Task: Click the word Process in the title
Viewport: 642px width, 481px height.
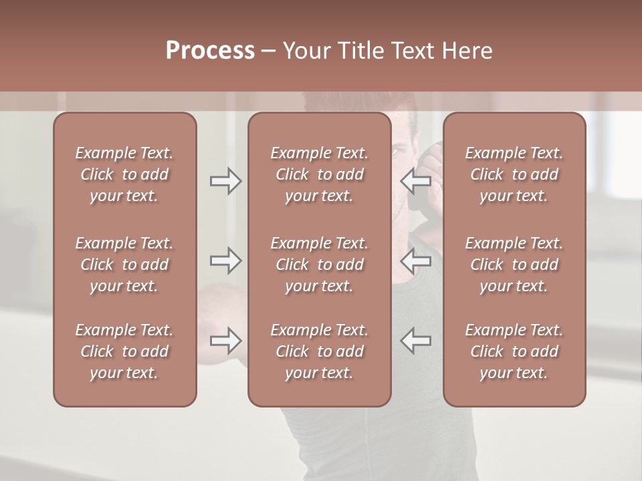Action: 210,51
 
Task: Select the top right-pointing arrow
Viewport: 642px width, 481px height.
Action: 225,181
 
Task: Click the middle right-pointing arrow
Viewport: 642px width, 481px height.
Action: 225,261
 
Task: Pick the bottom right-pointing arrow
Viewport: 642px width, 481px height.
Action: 225,340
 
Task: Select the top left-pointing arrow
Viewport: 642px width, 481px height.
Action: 416,181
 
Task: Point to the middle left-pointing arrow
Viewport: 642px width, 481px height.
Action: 416,261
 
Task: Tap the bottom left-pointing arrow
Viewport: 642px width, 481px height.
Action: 416,340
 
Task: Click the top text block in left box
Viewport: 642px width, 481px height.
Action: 124,174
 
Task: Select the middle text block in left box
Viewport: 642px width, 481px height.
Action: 124,265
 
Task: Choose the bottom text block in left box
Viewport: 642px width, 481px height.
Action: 124,351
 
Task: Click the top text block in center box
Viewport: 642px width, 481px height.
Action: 319,174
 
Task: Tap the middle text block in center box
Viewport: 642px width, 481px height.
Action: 319,265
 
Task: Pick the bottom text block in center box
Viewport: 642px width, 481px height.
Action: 319,351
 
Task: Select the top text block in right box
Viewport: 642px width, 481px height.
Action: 514,174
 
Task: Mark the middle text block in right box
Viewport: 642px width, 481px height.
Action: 514,265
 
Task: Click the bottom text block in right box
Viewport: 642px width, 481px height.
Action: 514,351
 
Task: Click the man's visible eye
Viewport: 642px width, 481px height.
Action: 397,152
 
